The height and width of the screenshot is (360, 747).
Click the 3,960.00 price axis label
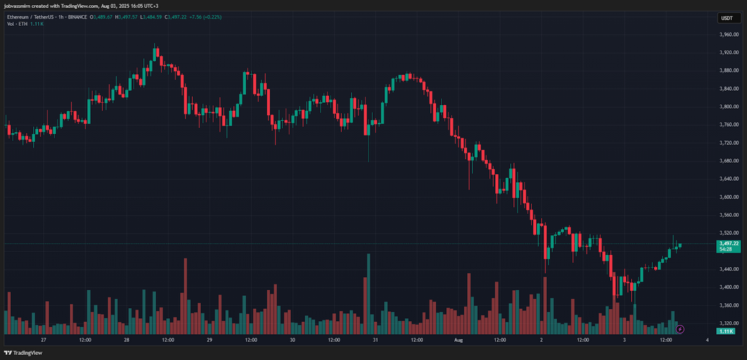pyautogui.click(x=730, y=35)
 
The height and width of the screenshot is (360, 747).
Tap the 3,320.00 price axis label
pyautogui.click(x=730, y=323)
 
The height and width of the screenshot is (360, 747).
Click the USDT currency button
pyautogui.click(x=727, y=18)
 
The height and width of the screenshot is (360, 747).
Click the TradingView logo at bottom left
pyautogui.click(x=23, y=353)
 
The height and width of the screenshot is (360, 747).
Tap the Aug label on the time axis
pyautogui.click(x=458, y=339)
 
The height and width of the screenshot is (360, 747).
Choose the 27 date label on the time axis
pyautogui.click(x=43, y=339)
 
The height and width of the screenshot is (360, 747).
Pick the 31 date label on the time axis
pyautogui.click(x=376, y=339)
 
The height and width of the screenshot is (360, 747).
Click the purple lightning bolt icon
pyautogui.click(x=680, y=329)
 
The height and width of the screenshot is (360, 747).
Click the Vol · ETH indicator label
pyautogui.click(x=18, y=24)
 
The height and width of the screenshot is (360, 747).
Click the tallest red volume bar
pyautogui.click(x=186, y=295)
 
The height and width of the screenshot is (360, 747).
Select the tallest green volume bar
pyautogui.click(x=368, y=293)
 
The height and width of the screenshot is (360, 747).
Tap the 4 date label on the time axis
pyautogui.click(x=707, y=339)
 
